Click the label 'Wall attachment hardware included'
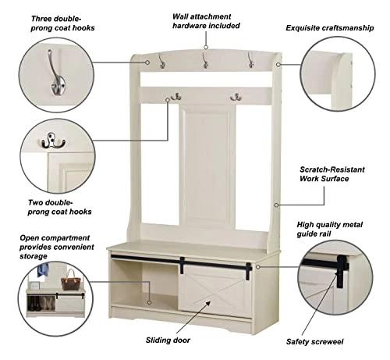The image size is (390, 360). click(x=206, y=21)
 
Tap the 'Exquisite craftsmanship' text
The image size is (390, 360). click(x=330, y=28)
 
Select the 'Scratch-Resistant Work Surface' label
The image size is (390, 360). click(x=331, y=174)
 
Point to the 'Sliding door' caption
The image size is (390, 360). click(x=168, y=340)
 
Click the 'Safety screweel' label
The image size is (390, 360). click(x=314, y=341)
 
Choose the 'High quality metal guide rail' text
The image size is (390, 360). click(x=329, y=229)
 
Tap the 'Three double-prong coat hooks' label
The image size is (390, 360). click(x=62, y=23)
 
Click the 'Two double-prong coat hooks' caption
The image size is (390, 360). click(x=59, y=207)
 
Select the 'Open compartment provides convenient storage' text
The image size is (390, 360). click(x=57, y=247)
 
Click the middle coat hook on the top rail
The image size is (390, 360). click(x=205, y=60)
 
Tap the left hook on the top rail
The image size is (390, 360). click(x=161, y=61)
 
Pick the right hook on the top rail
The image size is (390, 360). click(x=250, y=60)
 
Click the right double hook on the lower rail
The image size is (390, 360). click(x=236, y=97)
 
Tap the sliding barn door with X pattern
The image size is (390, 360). click(x=215, y=291)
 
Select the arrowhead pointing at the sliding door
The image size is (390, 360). click(x=208, y=304)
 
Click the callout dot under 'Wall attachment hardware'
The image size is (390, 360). click(x=206, y=47)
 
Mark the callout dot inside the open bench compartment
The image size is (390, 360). click(x=150, y=302)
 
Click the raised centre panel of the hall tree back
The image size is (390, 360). click(x=207, y=166)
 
